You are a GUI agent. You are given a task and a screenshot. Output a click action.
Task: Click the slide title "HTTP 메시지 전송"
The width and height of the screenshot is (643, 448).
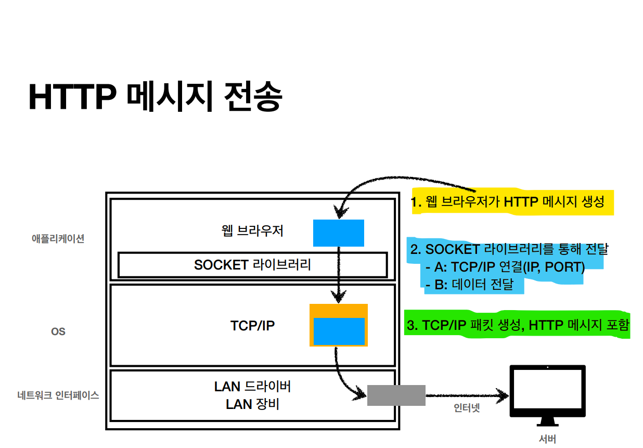coord(155,97)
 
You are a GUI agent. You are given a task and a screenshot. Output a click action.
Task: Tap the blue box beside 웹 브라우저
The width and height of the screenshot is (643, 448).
coord(338,233)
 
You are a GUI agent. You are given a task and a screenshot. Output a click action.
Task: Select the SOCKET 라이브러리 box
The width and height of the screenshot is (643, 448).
coord(253,265)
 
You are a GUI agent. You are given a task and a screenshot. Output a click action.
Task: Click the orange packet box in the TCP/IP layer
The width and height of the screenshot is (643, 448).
coord(338,310)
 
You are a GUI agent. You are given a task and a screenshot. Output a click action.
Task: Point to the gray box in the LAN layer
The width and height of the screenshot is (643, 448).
coord(396,395)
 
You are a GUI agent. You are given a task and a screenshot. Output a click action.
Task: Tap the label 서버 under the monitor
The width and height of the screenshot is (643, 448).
coord(547,439)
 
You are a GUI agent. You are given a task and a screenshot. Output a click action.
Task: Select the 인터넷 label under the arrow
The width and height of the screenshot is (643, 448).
coord(467,408)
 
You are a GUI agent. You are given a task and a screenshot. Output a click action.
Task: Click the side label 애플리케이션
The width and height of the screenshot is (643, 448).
coord(58,239)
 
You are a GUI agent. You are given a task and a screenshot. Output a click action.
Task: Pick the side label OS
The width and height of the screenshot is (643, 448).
coord(58,331)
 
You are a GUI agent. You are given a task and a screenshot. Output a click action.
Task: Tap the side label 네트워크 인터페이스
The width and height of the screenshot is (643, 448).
coord(58,395)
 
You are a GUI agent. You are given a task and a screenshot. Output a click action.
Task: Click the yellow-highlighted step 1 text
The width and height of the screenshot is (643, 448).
coord(508,202)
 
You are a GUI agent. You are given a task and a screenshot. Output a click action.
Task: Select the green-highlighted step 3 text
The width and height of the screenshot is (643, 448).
coord(518,326)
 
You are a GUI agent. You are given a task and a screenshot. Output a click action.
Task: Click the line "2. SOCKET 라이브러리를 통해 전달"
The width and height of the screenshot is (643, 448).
coord(509,249)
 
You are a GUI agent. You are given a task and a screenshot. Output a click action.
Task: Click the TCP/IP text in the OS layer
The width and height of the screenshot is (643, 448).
coord(253,326)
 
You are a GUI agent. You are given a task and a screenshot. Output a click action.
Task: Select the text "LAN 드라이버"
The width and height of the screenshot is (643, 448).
coord(253,387)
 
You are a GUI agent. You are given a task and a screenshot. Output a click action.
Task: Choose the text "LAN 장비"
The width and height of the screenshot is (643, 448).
coord(253,404)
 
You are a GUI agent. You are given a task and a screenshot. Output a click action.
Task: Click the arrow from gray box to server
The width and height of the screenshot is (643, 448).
coord(466,395)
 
